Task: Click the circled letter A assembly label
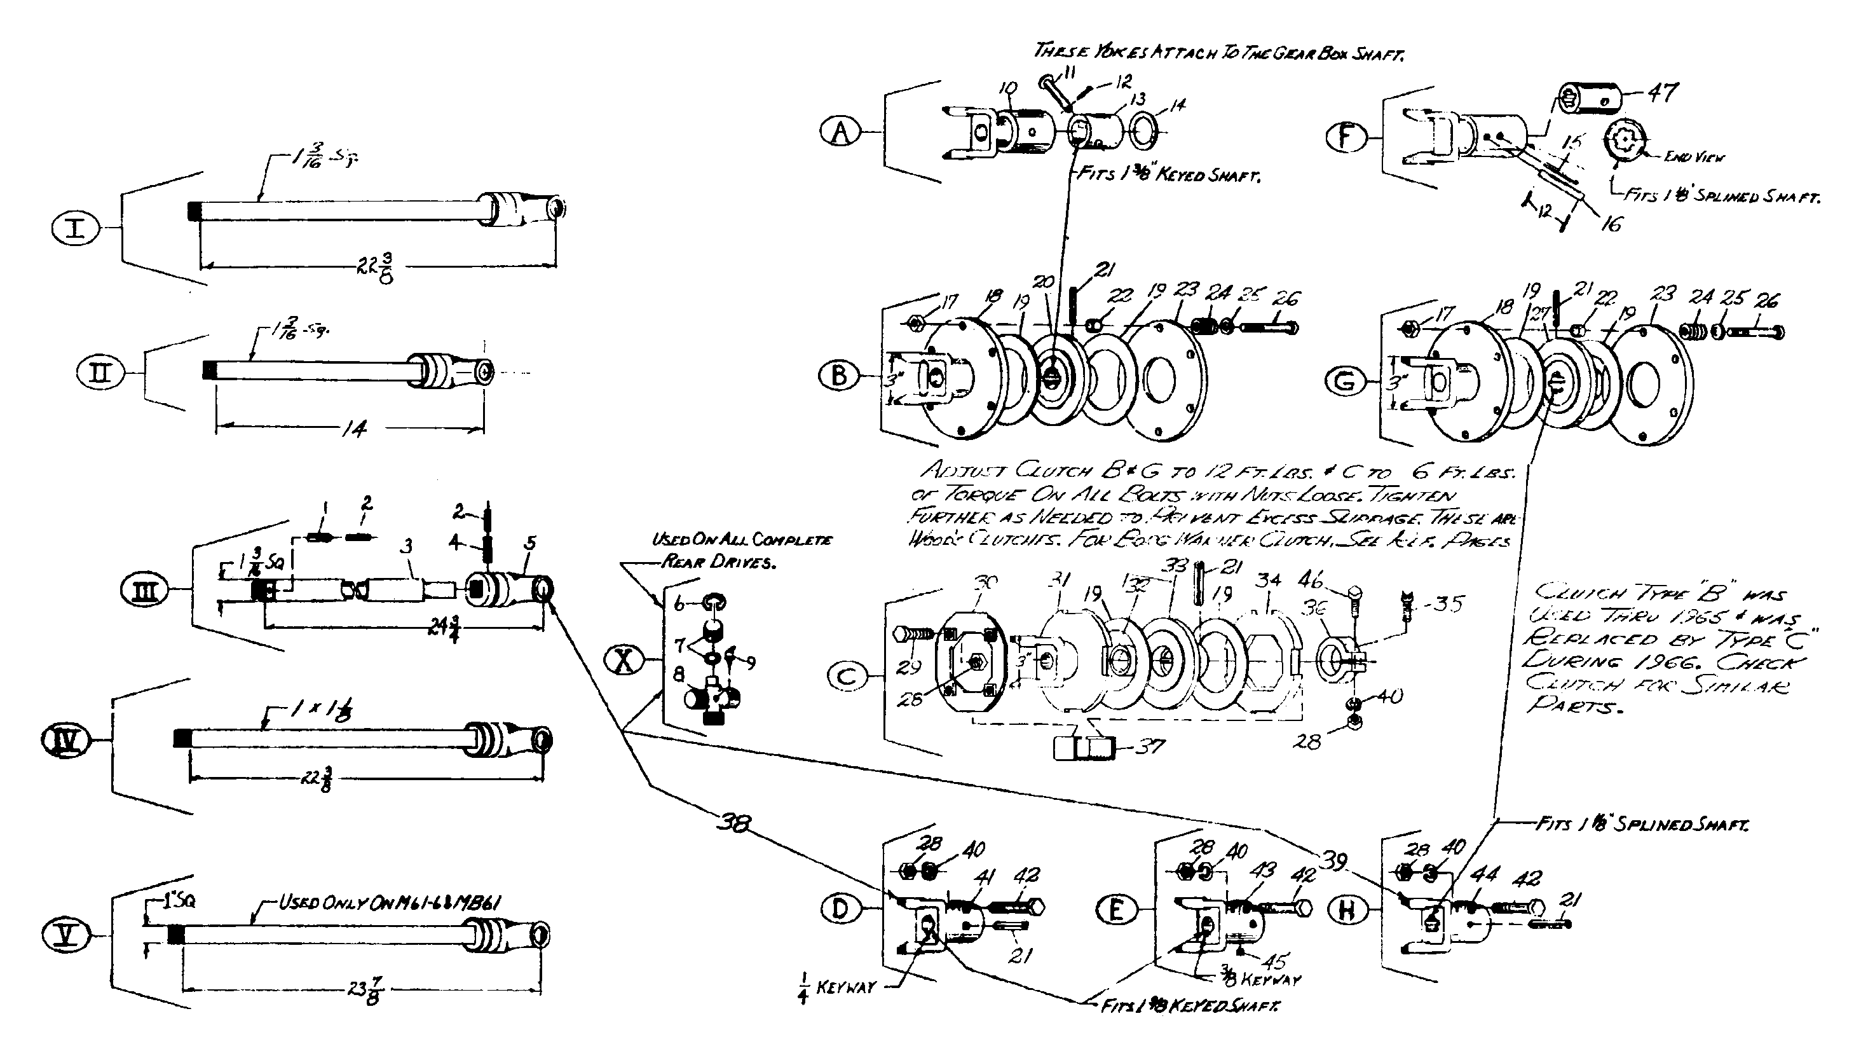(x=840, y=132)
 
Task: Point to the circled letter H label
(x=1347, y=910)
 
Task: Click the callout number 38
(x=733, y=823)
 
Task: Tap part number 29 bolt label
(x=911, y=666)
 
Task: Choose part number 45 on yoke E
(x=1275, y=962)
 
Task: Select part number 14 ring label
(x=1178, y=106)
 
